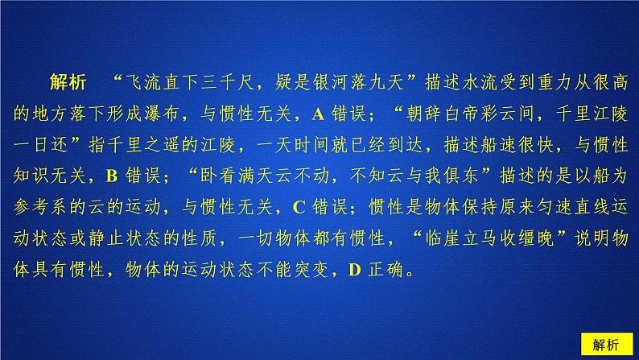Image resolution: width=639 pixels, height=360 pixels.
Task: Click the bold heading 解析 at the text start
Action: (68, 82)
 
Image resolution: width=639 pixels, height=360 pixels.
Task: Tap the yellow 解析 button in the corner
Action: (606, 345)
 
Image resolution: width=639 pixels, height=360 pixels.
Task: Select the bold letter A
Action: (318, 114)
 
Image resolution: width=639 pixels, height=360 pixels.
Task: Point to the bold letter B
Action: (112, 176)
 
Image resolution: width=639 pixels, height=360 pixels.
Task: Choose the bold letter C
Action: (299, 207)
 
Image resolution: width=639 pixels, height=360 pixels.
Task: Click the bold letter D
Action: (355, 270)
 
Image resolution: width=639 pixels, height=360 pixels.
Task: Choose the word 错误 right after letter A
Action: (349, 114)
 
